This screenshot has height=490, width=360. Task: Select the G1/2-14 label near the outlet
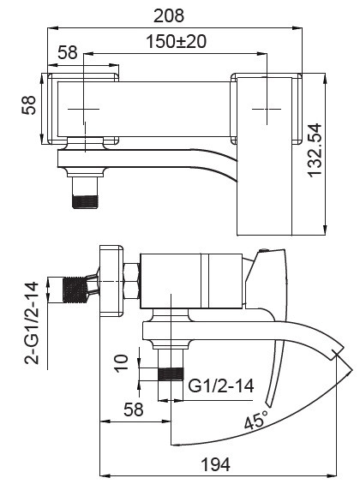coord(221,385)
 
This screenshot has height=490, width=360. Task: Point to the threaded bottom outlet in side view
coord(171,375)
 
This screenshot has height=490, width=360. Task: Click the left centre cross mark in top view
coord(84,111)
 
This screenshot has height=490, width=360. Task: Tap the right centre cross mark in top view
coord(268,111)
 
